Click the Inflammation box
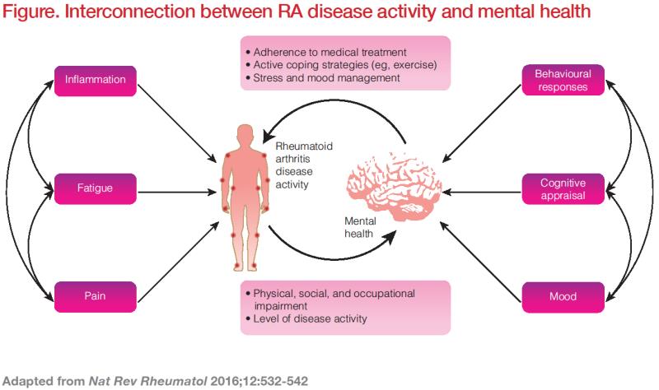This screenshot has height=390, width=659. [x=96, y=80]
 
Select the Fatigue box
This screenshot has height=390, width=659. [x=96, y=188]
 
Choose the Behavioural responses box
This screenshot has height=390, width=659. [x=563, y=80]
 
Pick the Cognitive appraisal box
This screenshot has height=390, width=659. [x=563, y=188]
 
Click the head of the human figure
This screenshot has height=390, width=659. [x=245, y=133]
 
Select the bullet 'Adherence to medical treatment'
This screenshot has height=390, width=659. [x=318, y=50]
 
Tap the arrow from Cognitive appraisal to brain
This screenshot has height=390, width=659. [x=482, y=188]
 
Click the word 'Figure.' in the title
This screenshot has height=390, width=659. [x=30, y=11]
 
